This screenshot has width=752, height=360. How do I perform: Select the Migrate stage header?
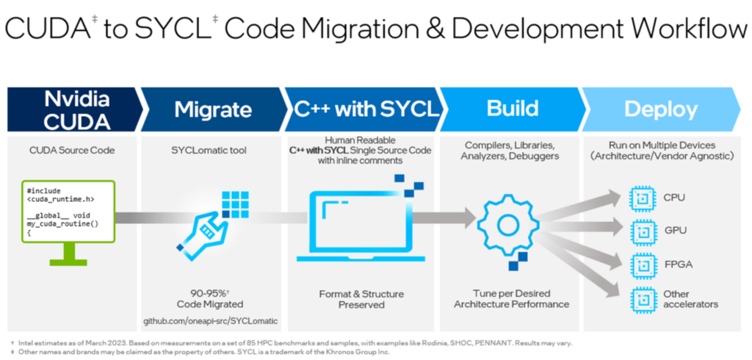pos(213,109)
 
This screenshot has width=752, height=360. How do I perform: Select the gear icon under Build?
pos(507,221)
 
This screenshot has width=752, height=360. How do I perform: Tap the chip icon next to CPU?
pos(642,198)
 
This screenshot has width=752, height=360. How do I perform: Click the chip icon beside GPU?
pos(642,230)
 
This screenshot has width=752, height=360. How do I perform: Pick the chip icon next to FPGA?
pos(642,264)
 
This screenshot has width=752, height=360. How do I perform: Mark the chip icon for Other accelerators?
pos(642,298)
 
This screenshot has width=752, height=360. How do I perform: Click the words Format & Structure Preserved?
pos(361,299)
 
